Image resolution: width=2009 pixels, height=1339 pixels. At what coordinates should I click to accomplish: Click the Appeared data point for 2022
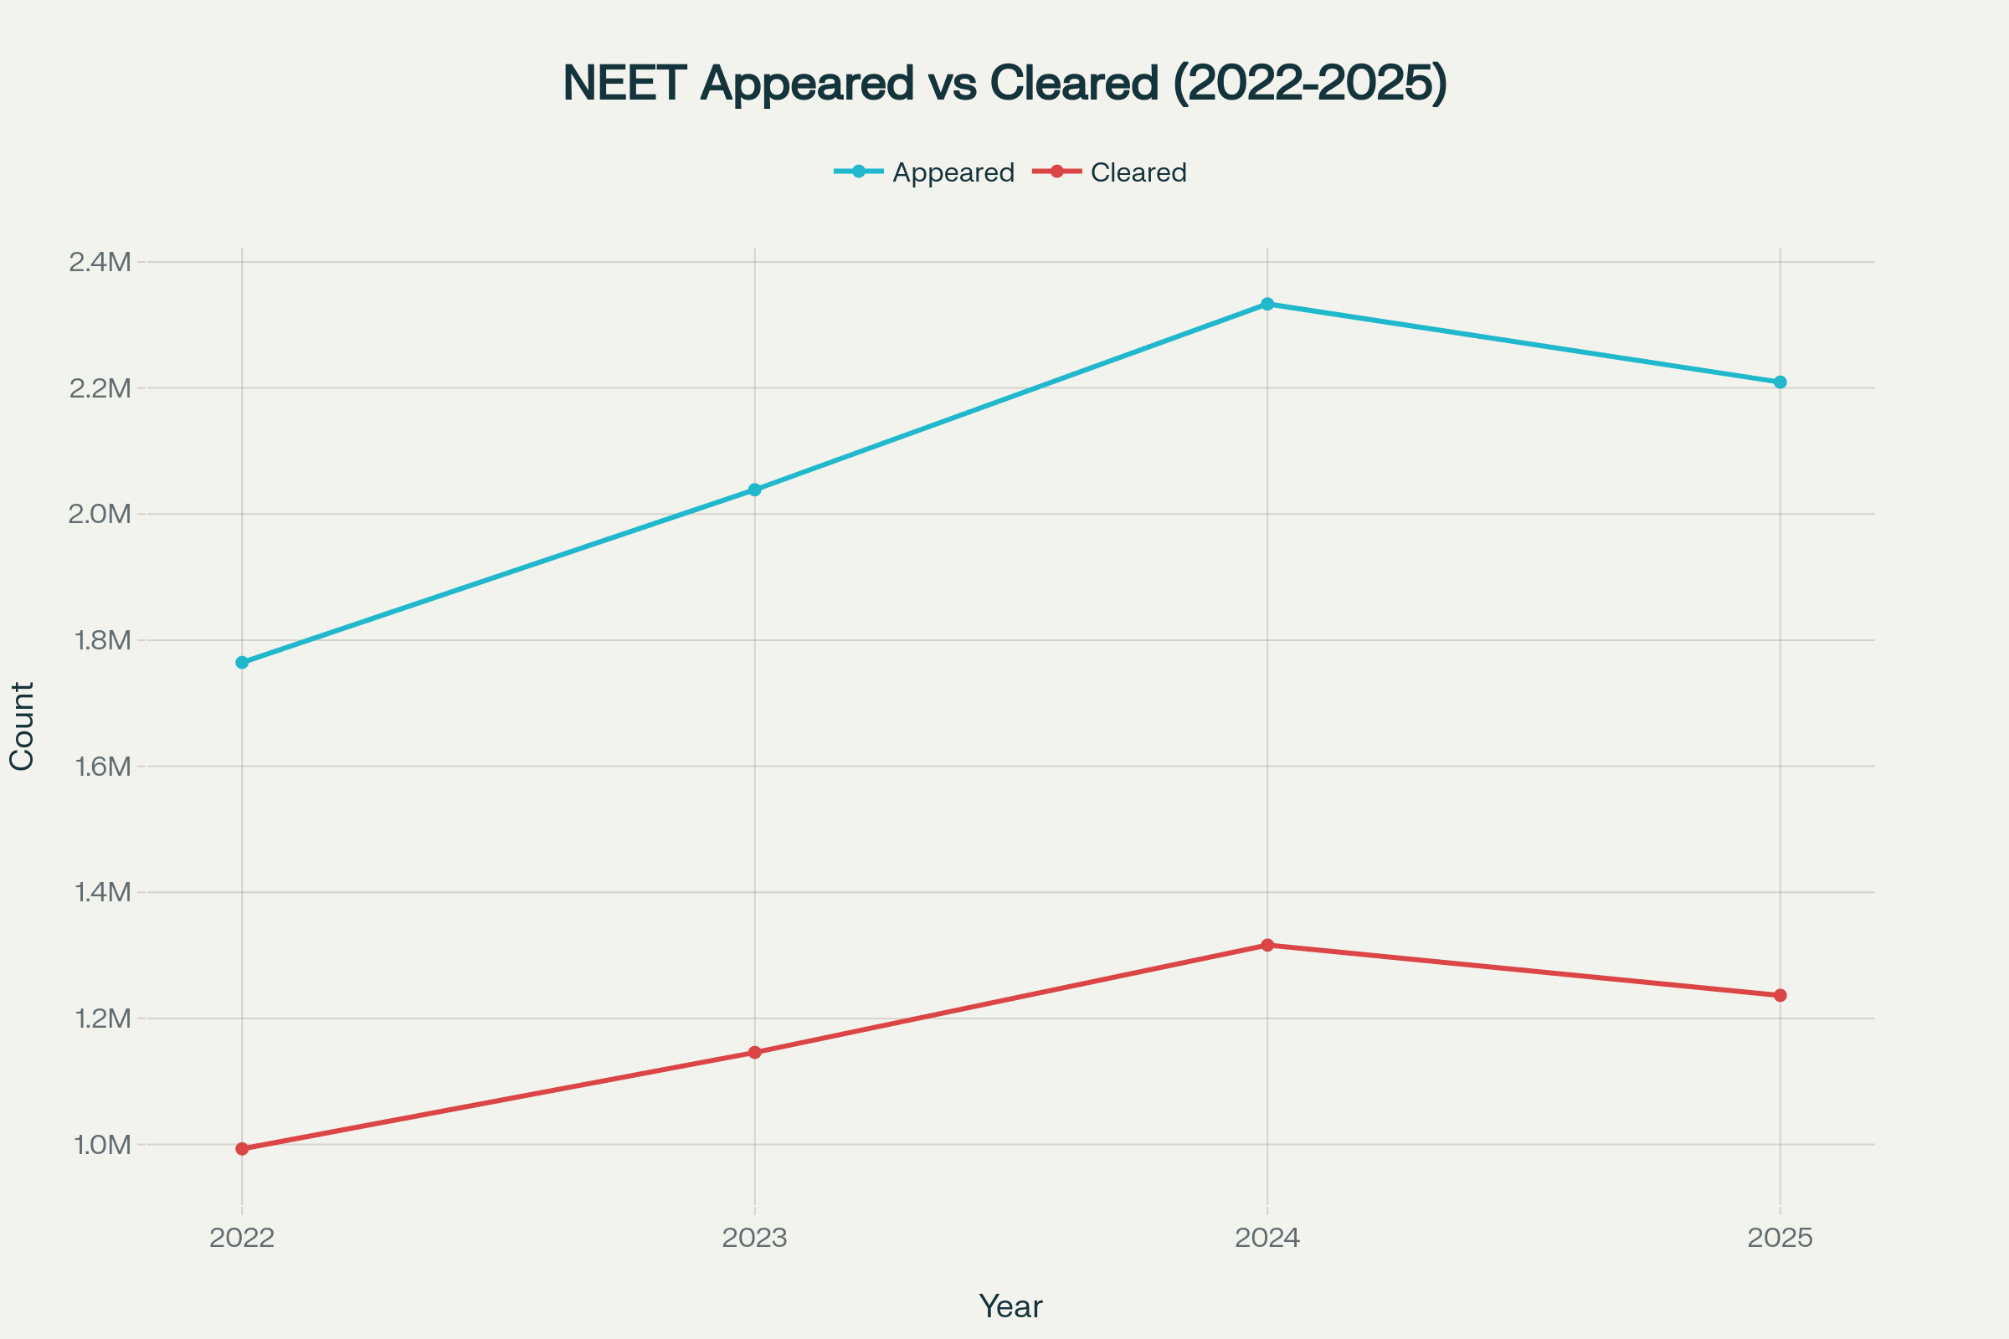(242, 662)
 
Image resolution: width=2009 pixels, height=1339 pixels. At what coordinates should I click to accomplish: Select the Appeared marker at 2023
(754, 490)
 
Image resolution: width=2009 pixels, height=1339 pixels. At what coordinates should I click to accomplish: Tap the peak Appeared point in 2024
(1267, 304)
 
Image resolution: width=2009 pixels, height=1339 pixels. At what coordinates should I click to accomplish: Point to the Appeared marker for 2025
(1780, 382)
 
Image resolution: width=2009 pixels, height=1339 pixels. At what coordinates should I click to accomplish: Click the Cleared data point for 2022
(242, 1148)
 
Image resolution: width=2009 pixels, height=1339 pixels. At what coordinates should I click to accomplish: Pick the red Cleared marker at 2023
(754, 1052)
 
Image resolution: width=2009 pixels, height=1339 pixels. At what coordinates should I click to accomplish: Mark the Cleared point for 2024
(1267, 946)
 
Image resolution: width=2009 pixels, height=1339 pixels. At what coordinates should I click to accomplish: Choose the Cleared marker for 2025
(1780, 995)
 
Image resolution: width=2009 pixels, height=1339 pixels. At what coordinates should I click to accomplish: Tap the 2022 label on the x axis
(242, 1238)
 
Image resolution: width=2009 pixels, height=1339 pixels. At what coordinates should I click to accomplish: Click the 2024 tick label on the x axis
(1267, 1238)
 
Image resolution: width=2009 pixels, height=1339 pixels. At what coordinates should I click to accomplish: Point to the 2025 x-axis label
(1780, 1238)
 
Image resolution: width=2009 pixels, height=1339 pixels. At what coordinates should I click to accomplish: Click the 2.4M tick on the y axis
(100, 262)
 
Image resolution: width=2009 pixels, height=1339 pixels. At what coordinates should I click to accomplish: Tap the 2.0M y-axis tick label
(100, 514)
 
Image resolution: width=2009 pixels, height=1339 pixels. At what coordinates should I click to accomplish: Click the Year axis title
(1010, 1306)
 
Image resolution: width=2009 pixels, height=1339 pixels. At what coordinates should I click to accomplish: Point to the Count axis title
(22, 726)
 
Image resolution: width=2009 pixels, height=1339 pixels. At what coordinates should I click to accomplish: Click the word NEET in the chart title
(624, 84)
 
